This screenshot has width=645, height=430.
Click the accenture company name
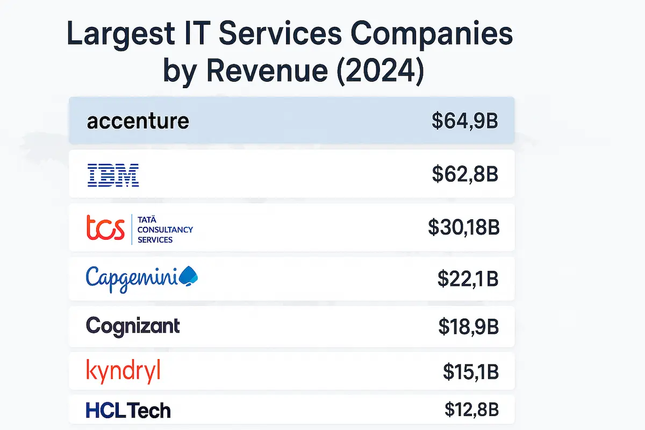(138, 121)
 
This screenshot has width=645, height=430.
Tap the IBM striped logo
(113, 176)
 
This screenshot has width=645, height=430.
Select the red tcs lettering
(105, 228)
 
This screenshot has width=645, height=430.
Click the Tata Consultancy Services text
(165, 229)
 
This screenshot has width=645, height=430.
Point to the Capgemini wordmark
(132, 278)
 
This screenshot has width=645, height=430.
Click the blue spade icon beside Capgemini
(188, 276)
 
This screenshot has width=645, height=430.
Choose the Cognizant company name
(133, 326)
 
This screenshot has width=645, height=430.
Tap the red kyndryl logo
(123, 372)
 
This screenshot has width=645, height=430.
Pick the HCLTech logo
(128, 411)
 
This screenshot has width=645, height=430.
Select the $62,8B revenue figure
(465, 175)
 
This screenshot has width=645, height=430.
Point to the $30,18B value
(464, 227)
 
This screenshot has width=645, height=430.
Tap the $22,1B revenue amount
(468, 278)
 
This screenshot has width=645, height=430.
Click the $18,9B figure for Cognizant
(468, 326)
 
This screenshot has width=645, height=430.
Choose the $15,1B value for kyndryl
(470, 371)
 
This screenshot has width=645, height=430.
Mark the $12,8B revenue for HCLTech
(471, 410)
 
